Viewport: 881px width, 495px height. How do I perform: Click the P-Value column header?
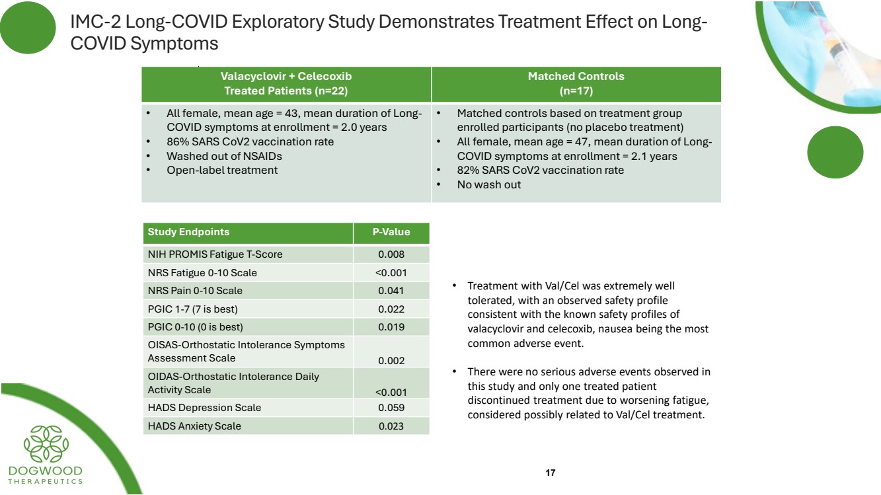point(391,232)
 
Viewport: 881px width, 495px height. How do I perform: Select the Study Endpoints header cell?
point(188,232)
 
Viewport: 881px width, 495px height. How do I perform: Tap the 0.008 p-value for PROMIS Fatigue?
point(391,254)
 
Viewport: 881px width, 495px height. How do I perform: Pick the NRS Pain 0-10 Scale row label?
point(195,291)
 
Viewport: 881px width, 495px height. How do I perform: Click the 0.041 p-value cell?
point(391,291)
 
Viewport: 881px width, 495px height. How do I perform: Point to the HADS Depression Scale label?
point(204,408)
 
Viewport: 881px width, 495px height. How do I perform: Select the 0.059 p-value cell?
point(391,408)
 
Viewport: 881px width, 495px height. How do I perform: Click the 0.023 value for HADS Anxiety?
point(391,426)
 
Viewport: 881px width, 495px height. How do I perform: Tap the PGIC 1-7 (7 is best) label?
point(192,309)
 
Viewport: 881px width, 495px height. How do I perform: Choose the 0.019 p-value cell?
point(391,327)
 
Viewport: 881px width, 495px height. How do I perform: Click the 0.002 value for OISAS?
point(391,361)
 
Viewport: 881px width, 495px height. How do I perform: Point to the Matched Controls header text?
point(576,76)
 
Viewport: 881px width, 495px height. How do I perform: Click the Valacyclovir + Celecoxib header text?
point(286,76)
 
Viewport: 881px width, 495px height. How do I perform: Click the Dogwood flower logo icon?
point(46,443)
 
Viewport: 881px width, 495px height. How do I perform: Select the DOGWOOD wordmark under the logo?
point(46,471)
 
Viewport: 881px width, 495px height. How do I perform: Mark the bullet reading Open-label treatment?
point(221,170)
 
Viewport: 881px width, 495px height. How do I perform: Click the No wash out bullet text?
point(488,184)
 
